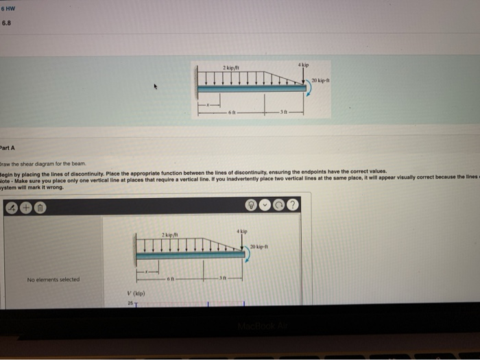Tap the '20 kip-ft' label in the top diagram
pos(320,82)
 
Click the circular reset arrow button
pos(280,206)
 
